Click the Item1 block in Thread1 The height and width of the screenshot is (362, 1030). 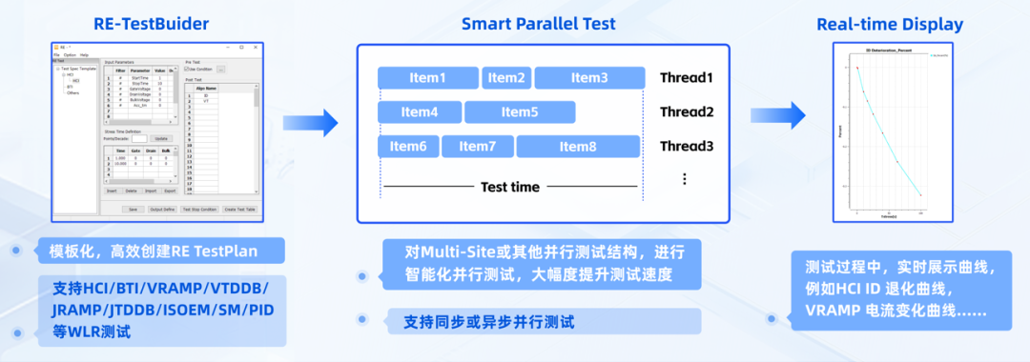coord(427,78)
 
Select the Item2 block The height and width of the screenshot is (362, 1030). coord(506,78)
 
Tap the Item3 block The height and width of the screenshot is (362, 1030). coord(589,78)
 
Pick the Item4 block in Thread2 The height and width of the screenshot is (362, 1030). coord(419,112)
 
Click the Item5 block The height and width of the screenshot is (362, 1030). coord(520,112)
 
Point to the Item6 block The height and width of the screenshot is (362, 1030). coord(408,147)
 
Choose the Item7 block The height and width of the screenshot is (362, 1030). coord(477,147)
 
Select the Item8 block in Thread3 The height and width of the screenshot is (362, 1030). coord(577,147)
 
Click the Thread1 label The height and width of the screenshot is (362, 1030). coord(686,78)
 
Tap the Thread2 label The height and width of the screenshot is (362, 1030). coord(686,112)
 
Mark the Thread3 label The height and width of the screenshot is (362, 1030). coord(686,147)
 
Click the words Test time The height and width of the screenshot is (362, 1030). coord(510,187)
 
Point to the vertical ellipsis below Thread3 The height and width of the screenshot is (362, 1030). coord(684,179)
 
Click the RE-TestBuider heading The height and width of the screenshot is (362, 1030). coord(153,24)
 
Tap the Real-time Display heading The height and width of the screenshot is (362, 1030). coord(890,24)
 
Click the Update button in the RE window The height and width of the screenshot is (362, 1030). coord(160,138)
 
